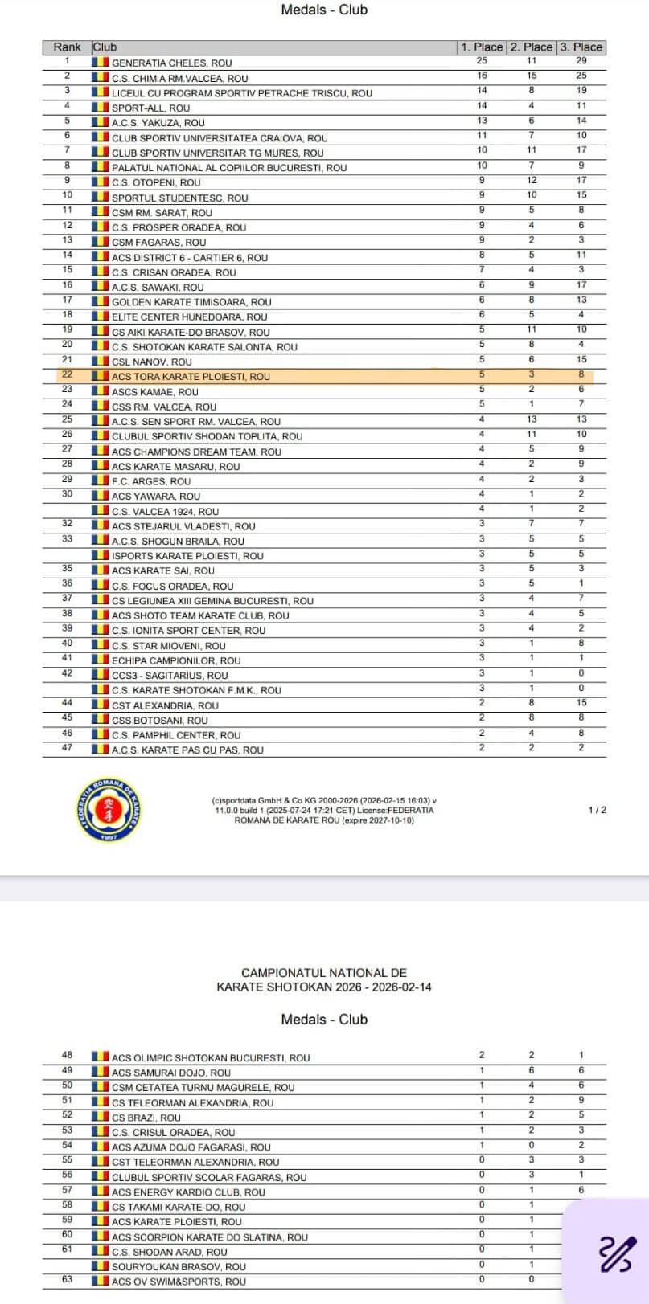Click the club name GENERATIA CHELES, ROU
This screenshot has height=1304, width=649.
[x=171, y=63]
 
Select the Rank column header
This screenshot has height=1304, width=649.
[x=67, y=47]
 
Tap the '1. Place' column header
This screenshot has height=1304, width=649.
[x=482, y=47]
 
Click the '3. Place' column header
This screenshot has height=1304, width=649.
[x=581, y=47]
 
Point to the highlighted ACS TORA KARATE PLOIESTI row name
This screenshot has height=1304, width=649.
[x=191, y=376]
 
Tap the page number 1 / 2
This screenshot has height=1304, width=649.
[x=598, y=810]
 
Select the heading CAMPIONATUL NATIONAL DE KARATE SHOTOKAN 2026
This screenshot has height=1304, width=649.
[x=324, y=979]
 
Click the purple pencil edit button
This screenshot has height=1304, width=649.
[x=618, y=1253]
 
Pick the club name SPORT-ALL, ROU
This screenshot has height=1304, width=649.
[x=150, y=108]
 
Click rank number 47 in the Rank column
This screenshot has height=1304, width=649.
[x=67, y=748]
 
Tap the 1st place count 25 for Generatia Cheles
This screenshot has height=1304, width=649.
[x=482, y=60]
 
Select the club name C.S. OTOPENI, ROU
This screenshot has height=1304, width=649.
[x=156, y=182]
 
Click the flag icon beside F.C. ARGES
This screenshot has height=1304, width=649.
[x=101, y=480]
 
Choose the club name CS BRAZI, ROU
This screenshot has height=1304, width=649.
[x=146, y=1118]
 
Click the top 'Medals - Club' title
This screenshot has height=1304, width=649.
[x=324, y=10]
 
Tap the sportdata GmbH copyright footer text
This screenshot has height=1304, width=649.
[x=324, y=810]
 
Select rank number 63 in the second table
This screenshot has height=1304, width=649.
[x=67, y=1279]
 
